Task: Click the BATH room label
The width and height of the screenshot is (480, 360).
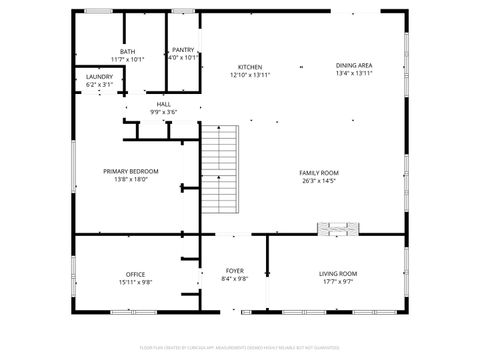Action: coord(128,52)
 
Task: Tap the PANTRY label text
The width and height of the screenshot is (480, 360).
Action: coord(183,50)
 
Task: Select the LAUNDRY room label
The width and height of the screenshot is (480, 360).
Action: coord(99,77)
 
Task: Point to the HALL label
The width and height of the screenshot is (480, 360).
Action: coord(163,104)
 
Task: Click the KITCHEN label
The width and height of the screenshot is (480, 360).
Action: coord(250,67)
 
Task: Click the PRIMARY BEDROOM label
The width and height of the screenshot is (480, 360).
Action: coord(131,171)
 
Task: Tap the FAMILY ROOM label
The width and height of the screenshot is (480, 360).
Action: coord(319,172)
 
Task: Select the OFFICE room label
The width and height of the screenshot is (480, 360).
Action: coord(135,274)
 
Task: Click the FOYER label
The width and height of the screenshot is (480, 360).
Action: coord(235,271)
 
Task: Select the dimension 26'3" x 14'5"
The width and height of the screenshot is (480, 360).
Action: coord(319,181)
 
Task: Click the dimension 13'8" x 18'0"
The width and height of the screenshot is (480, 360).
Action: coord(131,180)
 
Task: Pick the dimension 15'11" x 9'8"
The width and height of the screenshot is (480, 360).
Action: coord(135,282)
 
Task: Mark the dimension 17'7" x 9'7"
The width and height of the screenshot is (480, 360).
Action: coord(338,281)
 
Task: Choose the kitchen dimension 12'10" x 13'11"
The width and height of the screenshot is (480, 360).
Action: coord(250,75)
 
